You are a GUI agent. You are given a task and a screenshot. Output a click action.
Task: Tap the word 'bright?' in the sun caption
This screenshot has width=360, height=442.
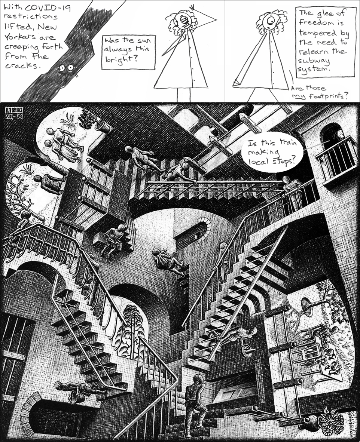point(118,59)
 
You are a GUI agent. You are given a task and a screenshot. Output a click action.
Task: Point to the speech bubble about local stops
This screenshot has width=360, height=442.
point(272,152)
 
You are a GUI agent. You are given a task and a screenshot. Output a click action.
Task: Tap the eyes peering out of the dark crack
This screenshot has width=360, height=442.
point(66,68)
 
